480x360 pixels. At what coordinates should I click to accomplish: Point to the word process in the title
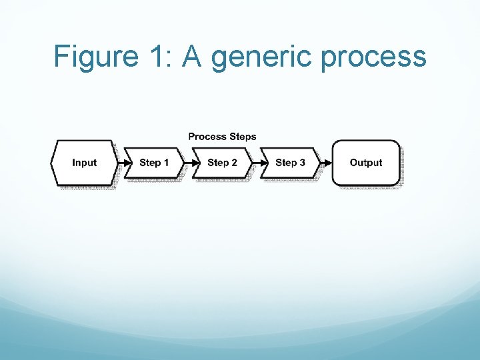[373, 59]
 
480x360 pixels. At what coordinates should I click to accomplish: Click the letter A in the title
[193, 57]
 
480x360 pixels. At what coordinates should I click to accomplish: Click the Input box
[84, 163]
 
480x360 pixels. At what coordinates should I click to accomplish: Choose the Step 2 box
[222, 163]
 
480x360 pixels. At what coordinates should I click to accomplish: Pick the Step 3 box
[290, 163]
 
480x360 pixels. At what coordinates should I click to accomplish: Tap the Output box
[366, 163]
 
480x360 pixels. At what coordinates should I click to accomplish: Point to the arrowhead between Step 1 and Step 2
[189, 163]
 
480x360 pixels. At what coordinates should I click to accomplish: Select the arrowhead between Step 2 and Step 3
[257, 163]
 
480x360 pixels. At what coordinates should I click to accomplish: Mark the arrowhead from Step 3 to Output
[326, 163]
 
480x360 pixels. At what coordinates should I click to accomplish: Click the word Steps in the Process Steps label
[243, 137]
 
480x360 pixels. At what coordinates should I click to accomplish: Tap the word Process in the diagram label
[207, 137]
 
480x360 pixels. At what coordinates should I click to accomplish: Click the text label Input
[84, 163]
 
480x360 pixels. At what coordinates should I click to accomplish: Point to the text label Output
[366, 163]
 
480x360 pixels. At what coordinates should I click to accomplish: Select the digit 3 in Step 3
[302, 163]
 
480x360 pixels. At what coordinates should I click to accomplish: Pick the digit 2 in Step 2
[234, 163]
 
